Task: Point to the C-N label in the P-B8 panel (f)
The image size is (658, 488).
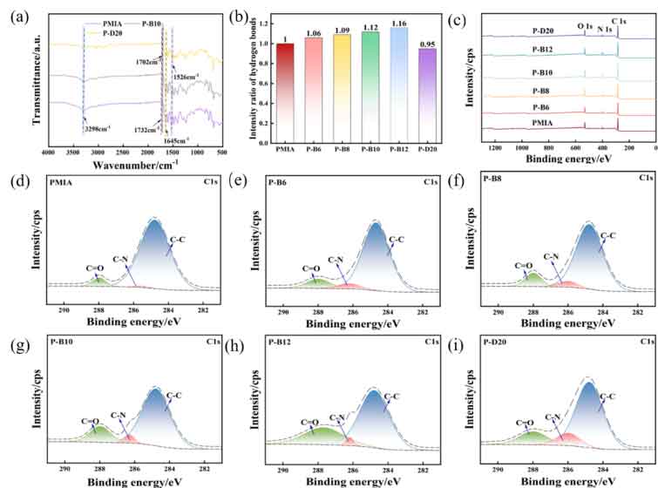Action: coord(551,255)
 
